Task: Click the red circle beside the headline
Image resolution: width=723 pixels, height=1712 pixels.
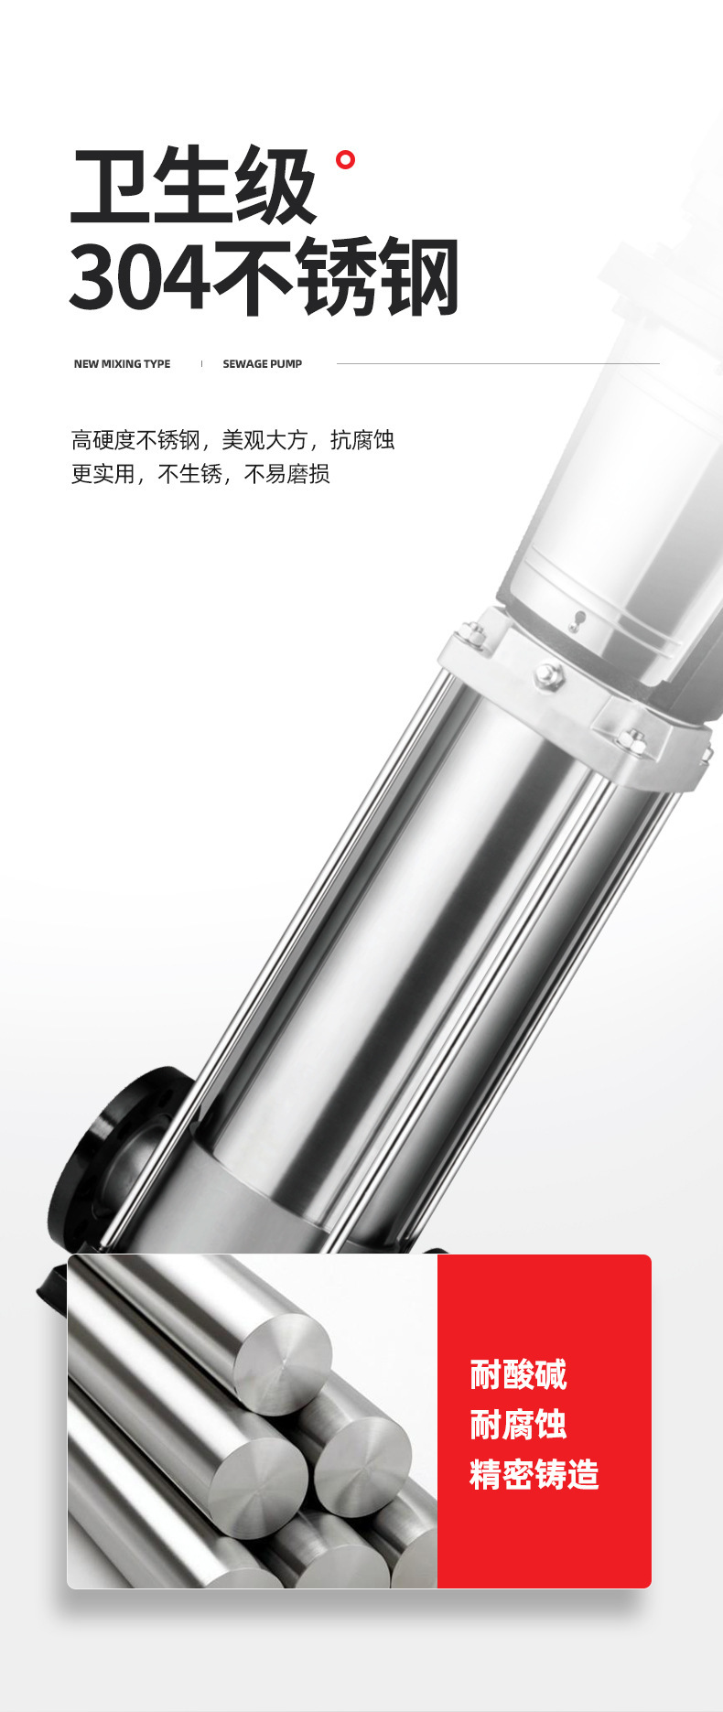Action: pos(345,160)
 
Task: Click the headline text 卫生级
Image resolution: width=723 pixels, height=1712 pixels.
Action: pos(194,187)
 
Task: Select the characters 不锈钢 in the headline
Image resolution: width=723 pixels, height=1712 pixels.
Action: pos(336,276)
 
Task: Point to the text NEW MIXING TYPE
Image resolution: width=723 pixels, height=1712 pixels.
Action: pos(122,364)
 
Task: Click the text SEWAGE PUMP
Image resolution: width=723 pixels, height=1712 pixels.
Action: pos(262,364)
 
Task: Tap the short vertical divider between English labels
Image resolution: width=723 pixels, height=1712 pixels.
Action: pos(201,363)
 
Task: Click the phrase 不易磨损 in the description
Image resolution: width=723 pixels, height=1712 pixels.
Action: pos(286,474)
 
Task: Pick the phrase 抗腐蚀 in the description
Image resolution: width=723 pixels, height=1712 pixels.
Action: pos(362,440)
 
